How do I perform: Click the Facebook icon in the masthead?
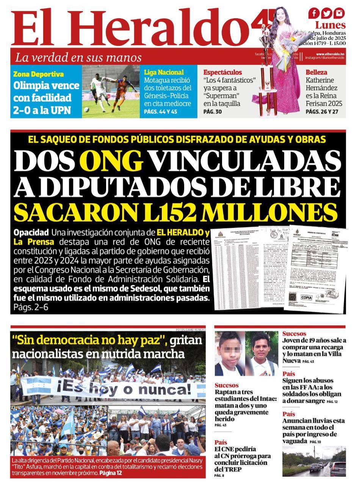click(314, 13)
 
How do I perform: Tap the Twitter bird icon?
click(327, 13)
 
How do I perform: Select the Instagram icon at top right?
click(339, 13)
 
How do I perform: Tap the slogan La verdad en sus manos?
click(78, 58)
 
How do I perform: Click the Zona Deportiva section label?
click(38, 74)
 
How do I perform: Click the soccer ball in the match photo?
click(87, 110)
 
